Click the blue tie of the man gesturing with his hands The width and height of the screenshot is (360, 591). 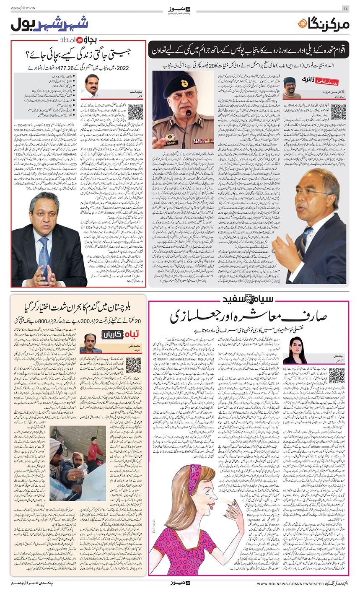coord(44,247)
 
